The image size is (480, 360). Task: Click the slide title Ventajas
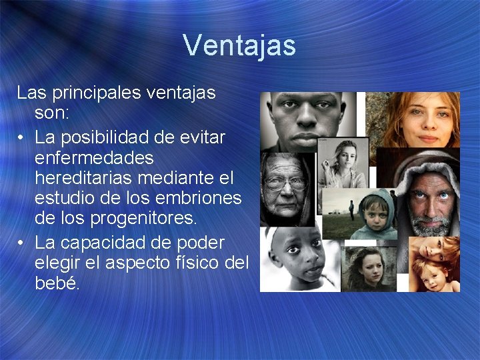coord(239,45)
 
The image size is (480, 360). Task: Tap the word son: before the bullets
coord(51,113)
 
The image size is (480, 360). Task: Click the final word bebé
coord(57,284)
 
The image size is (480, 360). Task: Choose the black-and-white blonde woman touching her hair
coord(343,163)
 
